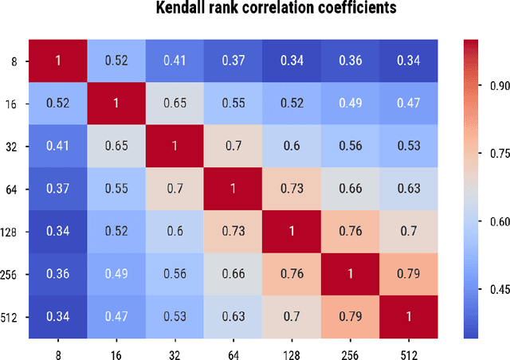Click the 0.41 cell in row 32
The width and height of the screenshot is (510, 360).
pos(57,146)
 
